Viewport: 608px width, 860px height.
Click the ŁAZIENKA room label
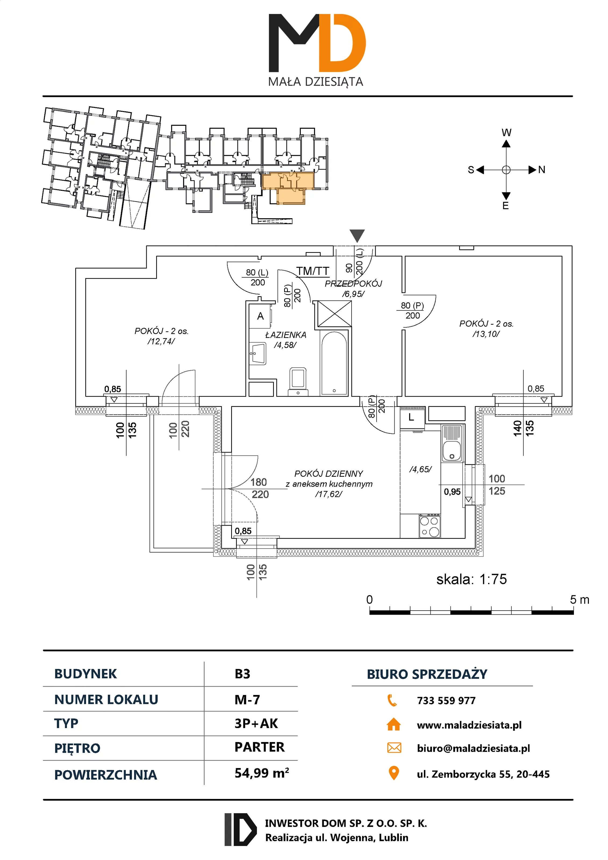click(x=285, y=335)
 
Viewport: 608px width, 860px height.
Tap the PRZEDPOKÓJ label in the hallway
click(x=353, y=284)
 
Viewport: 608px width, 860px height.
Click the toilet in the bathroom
click(x=298, y=381)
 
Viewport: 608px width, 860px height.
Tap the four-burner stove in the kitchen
click(x=430, y=526)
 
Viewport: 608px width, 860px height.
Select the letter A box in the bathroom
click(x=260, y=316)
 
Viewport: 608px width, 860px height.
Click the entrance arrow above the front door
click(x=357, y=235)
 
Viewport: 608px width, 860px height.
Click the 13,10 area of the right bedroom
click(x=486, y=334)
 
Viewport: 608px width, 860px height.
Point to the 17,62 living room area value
click(x=328, y=494)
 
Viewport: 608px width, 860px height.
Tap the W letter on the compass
click(x=506, y=132)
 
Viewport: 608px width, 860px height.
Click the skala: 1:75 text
click(x=471, y=579)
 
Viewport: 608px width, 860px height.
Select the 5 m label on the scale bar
click(x=579, y=600)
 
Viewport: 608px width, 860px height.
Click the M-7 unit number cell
click(x=247, y=699)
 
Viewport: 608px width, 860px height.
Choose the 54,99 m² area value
click(x=262, y=773)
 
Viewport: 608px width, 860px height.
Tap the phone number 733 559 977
click(x=446, y=700)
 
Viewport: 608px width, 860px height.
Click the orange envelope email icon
click(x=394, y=748)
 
